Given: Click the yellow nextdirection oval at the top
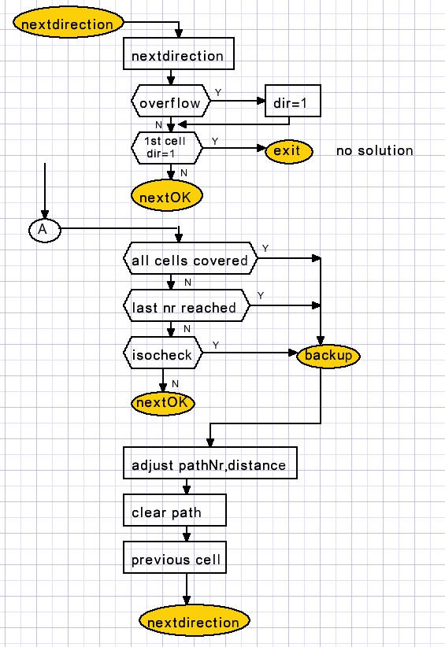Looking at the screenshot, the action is pyautogui.click(x=68, y=23).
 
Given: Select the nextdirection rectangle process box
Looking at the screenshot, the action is pyautogui.click(x=178, y=54).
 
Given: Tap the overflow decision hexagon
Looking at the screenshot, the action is pyautogui.click(x=170, y=101).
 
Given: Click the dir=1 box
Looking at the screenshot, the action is pyautogui.click(x=293, y=101).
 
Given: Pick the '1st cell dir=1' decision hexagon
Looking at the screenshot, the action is pyautogui.click(x=167, y=148).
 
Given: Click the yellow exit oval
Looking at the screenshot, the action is pyautogui.click(x=288, y=151).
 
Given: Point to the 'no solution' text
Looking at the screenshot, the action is pyautogui.click(x=374, y=150).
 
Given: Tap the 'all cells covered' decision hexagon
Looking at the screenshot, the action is pyautogui.click(x=191, y=259).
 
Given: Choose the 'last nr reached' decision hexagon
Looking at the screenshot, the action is pyautogui.click(x=187, y=305).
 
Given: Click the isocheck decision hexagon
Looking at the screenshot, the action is pyautogui.click(x=163, y=353).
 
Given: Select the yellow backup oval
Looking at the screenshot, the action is pyautogui.click(x=328, y=355).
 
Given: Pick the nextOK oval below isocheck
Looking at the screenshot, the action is pyautogui.click(x=163, y=403).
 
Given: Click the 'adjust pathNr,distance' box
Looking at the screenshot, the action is pyautogui.click(x=210, y=463).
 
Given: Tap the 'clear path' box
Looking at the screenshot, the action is pyautogui.click(x=175, y=510).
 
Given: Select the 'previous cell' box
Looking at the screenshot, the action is pyautogui.click(x=175, y=557).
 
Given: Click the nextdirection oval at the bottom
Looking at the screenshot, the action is pyautogui.click(x=194, y=621).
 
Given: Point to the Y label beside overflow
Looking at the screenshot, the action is pyautogui.click(x=218, y=92).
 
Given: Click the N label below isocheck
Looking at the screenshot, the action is pyautogui.click(x=175, y=384).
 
